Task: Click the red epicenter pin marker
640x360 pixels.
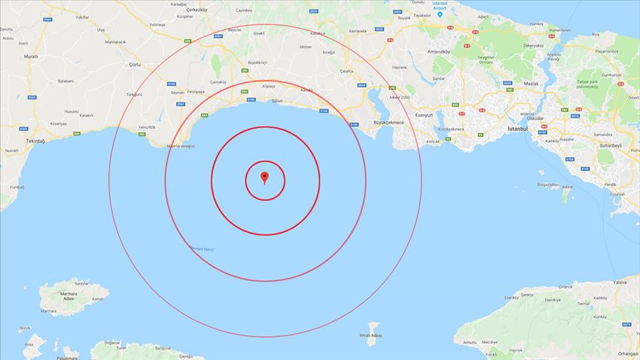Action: click(264, 177)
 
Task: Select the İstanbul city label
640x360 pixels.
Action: click(516, 129)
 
